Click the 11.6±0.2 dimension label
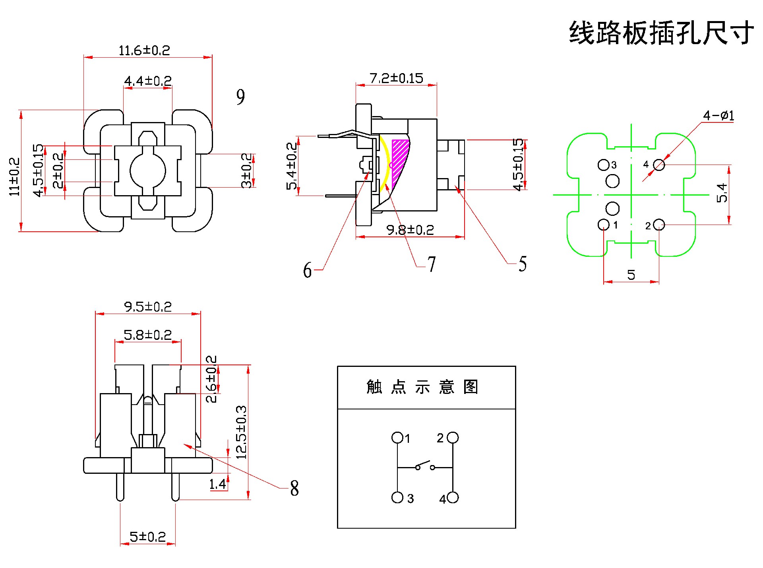144,50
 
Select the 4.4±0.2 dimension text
148,81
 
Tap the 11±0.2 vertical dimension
14,176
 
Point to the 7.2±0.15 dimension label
396,78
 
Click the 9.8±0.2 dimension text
410,230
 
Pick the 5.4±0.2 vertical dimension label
292,166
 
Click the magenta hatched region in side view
399,159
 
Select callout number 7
432,264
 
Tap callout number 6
307,270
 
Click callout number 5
523,264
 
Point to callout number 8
294,488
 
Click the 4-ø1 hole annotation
718,116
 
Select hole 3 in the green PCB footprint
603,165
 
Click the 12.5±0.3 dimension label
241,432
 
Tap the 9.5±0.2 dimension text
148,307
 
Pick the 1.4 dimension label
217,484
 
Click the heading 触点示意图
422,387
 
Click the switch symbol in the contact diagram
425,465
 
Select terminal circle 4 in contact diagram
453,497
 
